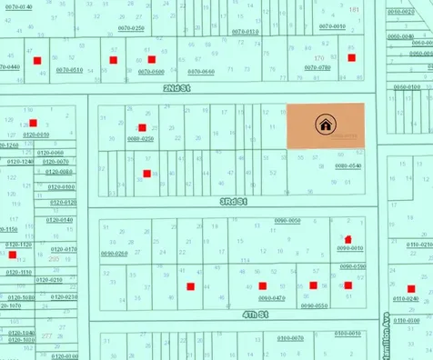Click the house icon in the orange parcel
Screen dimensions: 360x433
[x=325, y=125]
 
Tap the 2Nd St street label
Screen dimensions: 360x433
[x=176, y=88]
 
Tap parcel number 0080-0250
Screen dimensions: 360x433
[x=140, y=138]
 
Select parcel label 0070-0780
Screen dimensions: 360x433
[x=317, y=68]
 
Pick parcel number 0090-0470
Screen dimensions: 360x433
[x=271, y=297]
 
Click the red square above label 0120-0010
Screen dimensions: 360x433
[x=33, y=123]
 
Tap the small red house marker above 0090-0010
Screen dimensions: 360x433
[x=346, y=238]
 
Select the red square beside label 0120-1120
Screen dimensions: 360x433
[x=12, y=255]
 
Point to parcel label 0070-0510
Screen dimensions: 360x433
[x=70, y=70]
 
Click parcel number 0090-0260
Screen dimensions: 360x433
[x=115, y=254]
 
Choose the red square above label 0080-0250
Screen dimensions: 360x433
[x=141, y=127]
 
